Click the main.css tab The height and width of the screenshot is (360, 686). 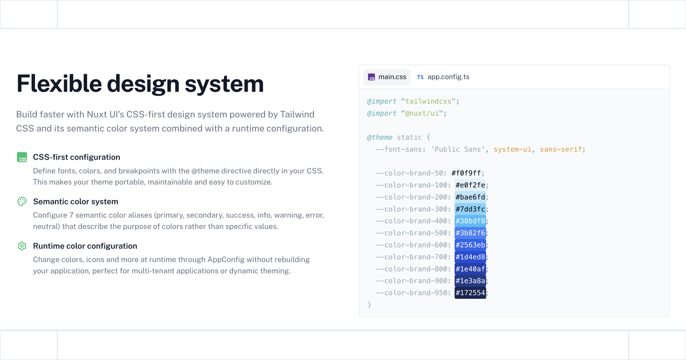(387, 77)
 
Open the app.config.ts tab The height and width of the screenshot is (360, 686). (443, 77)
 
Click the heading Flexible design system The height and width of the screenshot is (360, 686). (140, 83)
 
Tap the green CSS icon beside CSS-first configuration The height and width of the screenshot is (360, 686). (22, 157)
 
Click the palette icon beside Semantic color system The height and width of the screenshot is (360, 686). (22, 201)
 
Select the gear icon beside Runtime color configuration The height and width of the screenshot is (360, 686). (22, 246)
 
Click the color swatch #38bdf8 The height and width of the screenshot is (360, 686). (470, 221)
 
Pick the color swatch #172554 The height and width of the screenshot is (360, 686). (470, 293)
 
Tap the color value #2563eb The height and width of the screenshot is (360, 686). (470, 245)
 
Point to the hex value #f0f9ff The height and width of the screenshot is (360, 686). (466, 173)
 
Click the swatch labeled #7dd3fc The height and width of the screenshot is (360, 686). (470, 209)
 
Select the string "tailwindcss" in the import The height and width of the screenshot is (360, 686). (428, 101)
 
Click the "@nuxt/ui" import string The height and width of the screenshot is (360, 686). (421, 113)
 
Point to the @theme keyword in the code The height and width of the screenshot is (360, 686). (379, 137)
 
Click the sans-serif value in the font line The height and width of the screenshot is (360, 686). (560, 149)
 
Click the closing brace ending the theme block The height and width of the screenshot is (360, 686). (369, 305)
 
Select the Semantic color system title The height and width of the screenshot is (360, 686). (76, 201)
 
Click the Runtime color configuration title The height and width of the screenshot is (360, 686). (85, 246)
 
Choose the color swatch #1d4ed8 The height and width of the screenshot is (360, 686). (470, 257)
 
